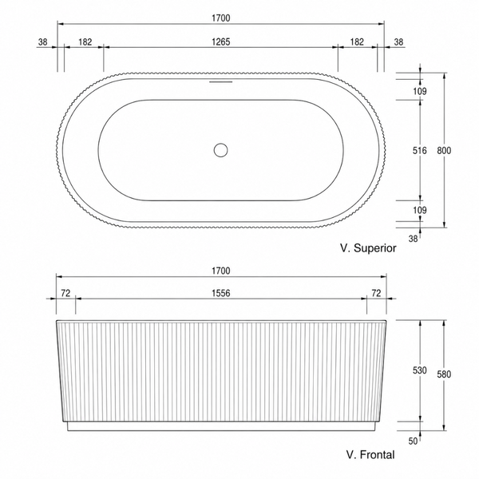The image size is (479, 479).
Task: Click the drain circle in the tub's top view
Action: tap(220, 150)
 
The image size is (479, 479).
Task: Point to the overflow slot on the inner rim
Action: tap(220, 82)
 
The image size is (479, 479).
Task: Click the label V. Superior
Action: tap(368, 247)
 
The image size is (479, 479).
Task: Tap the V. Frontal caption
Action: tap(370, 454)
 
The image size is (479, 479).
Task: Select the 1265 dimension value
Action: tap(221, 42)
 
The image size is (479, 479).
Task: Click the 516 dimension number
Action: tap(420, 150)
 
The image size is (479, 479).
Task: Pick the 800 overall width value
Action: tap(444, 150)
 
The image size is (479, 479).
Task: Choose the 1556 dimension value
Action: tap(221, 293)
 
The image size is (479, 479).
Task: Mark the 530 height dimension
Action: tap(420, 370)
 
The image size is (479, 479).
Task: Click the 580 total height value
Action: tap(444, 374)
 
